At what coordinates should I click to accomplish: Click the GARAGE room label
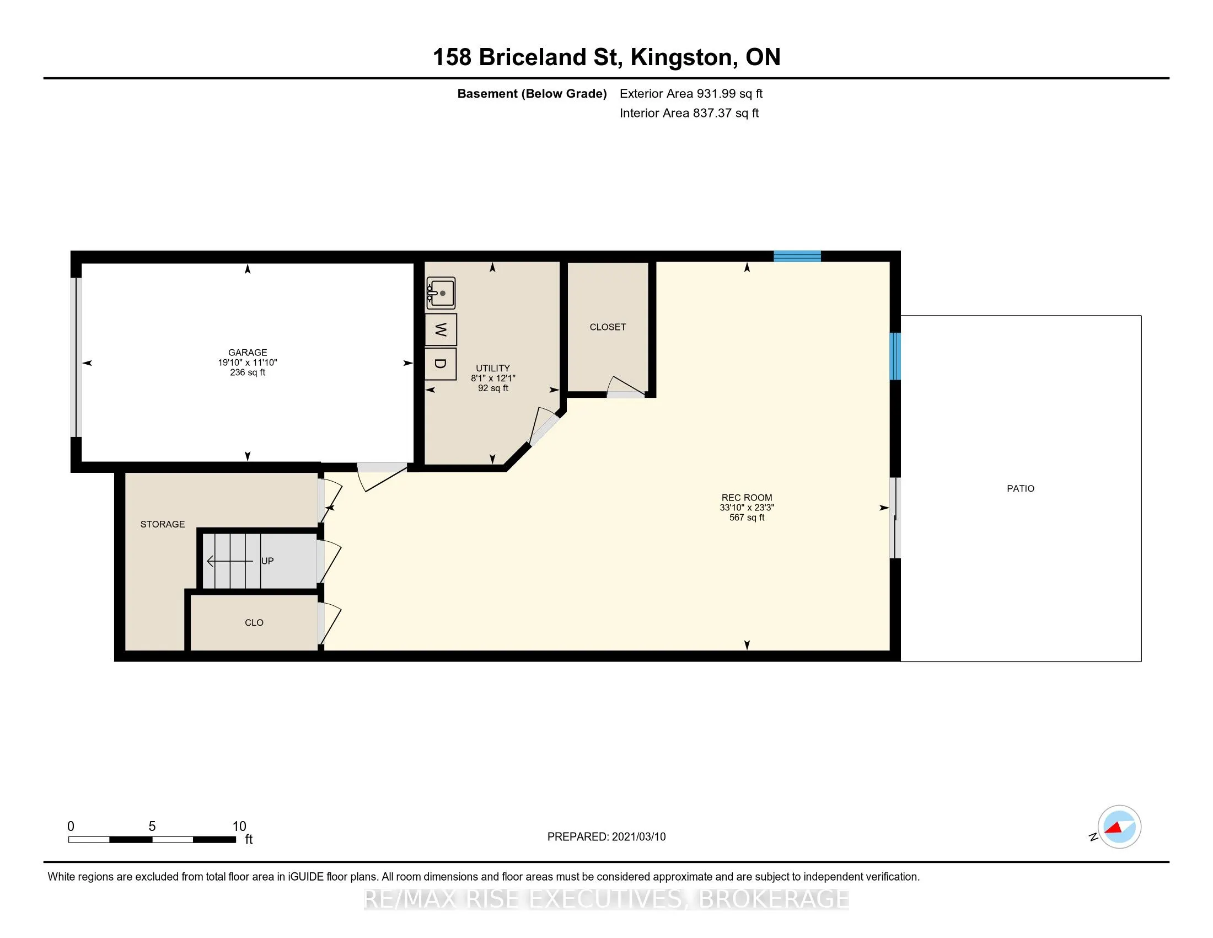coord(248,353)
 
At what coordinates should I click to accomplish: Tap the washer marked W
coord(441,329)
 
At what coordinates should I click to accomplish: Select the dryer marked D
coord(441,364)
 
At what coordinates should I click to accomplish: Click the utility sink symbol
coord(441,293)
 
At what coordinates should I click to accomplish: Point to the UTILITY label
coord(492,368)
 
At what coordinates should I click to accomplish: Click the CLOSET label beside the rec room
coord(608,327)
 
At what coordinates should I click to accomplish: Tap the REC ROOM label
coord(747,498)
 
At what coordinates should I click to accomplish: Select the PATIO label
coord(1021,488)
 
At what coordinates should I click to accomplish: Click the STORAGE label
coord(163,524)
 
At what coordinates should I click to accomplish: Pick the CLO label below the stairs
coord(254,622)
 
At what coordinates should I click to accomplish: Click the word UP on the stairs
coord(267,561)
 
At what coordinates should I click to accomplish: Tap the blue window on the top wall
coord(798,256)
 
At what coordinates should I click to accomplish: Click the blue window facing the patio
coord(895,356)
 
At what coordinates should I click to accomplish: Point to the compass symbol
coord(1119,827)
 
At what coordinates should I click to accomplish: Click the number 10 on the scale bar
coord(239,827)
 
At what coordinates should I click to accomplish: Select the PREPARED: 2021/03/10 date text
coord(606,836)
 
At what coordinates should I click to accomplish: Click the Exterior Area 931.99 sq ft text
coord(691,93)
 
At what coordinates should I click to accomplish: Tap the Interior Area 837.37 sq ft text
coord(689,113)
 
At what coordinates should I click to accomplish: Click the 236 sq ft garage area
coord(248,372)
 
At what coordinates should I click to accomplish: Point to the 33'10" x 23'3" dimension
coord(747,507)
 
